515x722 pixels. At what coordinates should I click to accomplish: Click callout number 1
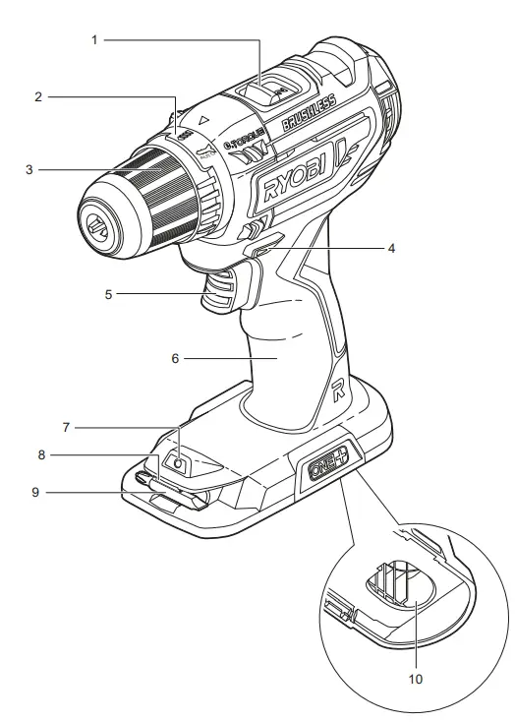pyautogui.click(x=96, y=39)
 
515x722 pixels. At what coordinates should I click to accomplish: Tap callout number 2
pyautogui.click(x=38, y=96)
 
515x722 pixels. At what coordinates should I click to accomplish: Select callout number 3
pyautogui.click(x=30, y=169)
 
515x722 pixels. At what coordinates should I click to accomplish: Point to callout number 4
pyautogui.click(x=391, y=248)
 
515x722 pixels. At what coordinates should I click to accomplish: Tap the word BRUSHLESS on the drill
pyautogui.click(x=308, y=112)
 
